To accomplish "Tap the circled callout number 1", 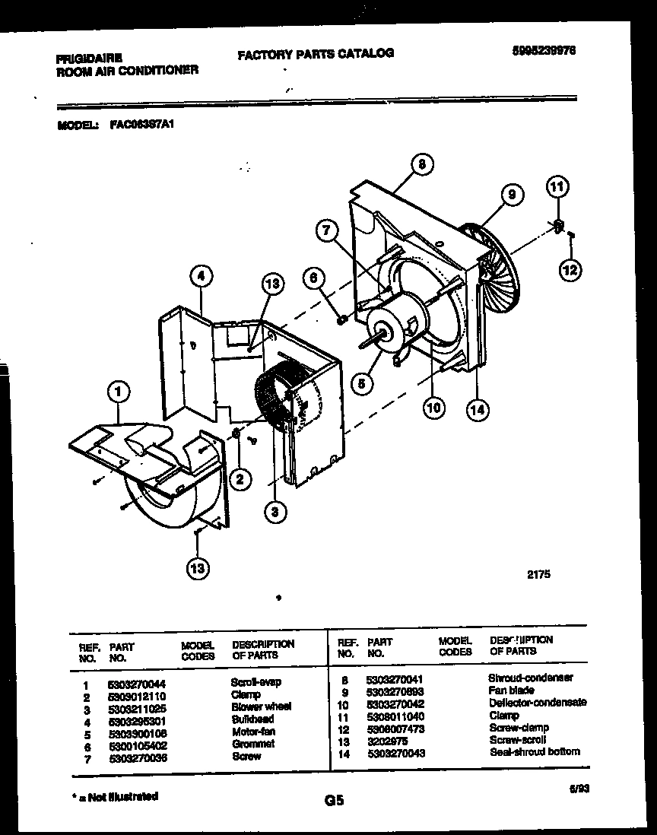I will coord(118,392).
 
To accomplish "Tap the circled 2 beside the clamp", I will coord(240,478).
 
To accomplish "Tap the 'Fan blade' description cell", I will coord(511,691).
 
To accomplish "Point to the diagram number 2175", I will coord(538,575).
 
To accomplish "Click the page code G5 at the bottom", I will coord(335,800).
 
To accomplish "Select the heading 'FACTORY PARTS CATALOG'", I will coord(316,53).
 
